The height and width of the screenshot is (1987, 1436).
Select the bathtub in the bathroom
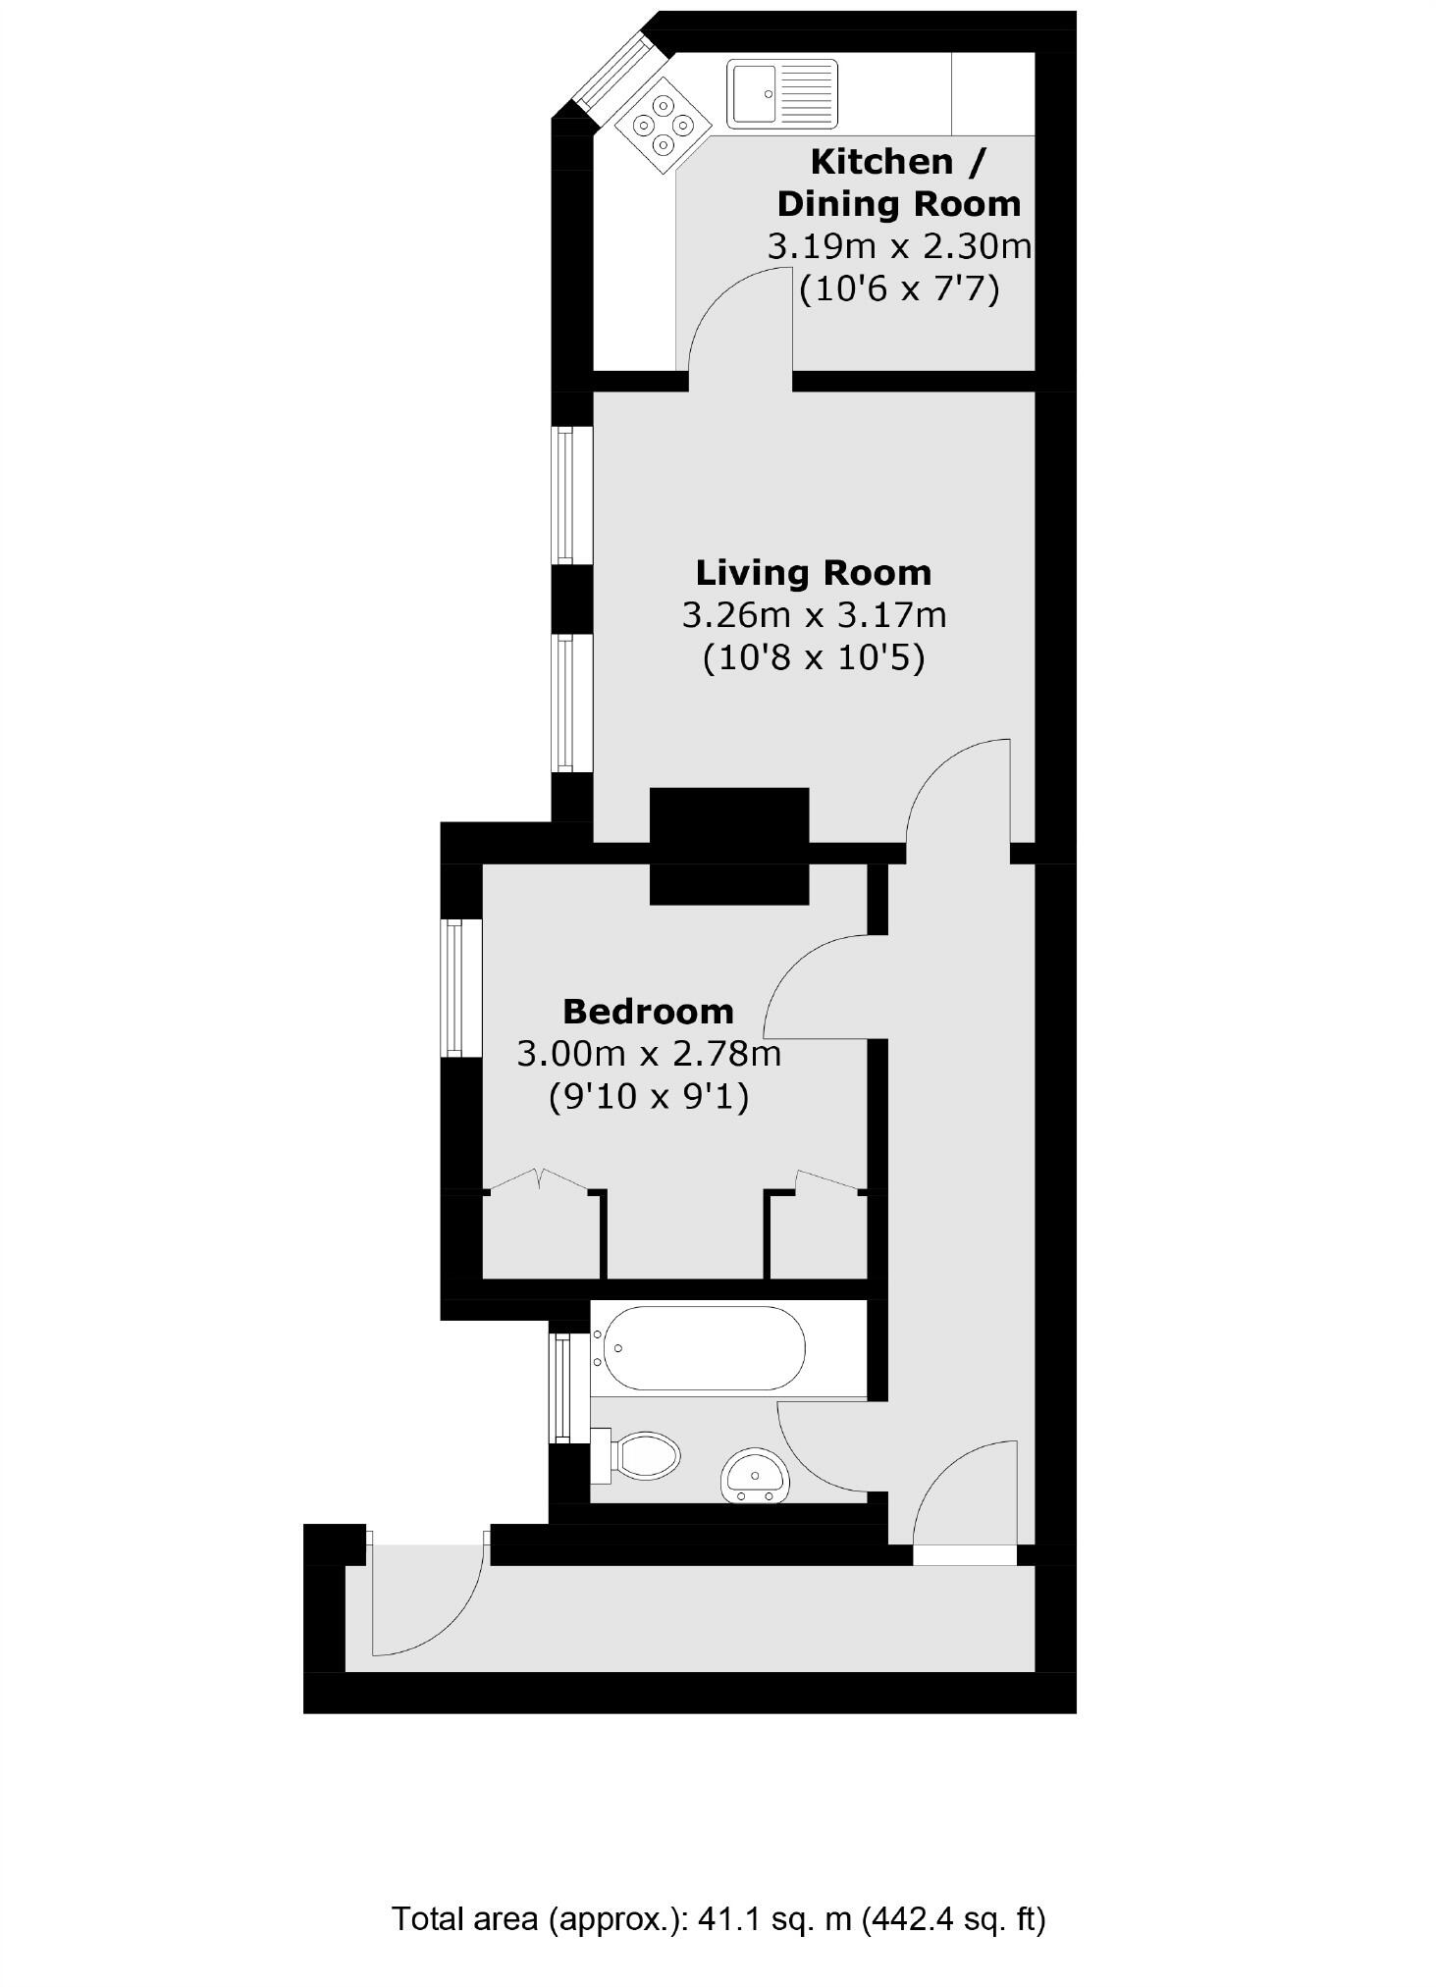click(703, 1347)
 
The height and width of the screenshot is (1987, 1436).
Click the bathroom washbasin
click(754, 1476)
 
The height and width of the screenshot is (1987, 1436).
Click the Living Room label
click(813, 572)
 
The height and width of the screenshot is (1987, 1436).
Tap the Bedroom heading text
click(648, 1011)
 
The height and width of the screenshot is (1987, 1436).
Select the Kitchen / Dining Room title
click(898, 183)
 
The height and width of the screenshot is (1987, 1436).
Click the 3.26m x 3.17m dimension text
click(814, 616)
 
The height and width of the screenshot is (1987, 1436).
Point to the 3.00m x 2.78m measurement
click(648, 1055)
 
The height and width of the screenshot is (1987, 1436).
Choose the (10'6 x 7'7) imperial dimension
click(899, 289)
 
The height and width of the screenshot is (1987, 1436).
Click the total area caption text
click(718, 1917)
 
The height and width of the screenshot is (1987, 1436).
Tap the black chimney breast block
click(729, 846)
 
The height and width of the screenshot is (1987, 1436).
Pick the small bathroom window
click(561, 1387)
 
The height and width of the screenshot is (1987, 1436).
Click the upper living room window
click(564, 496)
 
